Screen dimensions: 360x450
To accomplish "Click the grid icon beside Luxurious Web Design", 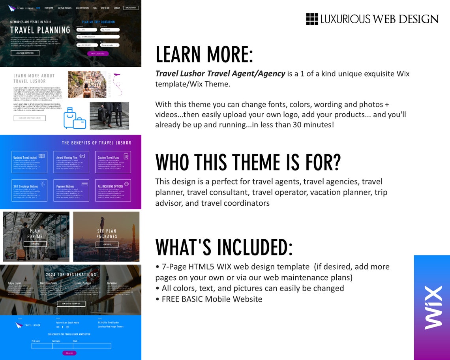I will tap(312, 19).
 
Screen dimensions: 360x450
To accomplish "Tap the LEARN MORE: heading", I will tap(204, 54).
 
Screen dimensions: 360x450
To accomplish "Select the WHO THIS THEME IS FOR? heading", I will tap(248, 162).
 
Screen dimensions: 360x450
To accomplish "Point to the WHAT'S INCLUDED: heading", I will tap(224, 247).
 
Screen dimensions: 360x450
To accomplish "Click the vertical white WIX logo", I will tap(432, 308).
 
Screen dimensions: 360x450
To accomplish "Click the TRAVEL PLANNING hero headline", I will tap(40, 30).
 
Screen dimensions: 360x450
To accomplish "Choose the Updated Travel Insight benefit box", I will tap(29, 162).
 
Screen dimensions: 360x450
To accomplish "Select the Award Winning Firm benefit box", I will tap(71, 162).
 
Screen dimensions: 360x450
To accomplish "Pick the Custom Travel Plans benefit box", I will tap(113, 162).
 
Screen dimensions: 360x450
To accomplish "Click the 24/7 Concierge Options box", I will tap(29, 190).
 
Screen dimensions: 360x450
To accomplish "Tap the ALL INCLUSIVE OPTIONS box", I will tap(113, 190).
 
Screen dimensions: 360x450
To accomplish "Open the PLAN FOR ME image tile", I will tap(36, 236).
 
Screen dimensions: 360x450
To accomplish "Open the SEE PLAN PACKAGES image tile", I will tap(107, 236).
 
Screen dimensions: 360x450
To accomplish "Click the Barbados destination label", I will tap(112, 283).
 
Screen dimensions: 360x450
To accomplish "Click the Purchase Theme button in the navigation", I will tap(131, 7).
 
